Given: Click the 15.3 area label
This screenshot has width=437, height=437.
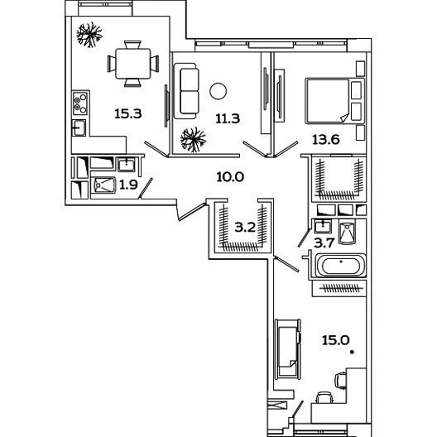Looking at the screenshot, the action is [x=128, y=113].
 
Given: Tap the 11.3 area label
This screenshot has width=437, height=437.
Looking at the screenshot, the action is [x=228, y=118].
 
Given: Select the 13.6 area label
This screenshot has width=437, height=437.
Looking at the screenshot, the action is [x=326, y=139].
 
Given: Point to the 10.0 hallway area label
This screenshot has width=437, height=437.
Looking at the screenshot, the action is [x=230, y=176].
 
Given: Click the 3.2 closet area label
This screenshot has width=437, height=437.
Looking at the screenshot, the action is [x=245, y=228].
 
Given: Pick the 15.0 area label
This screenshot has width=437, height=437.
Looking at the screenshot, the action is [x=336, y=340].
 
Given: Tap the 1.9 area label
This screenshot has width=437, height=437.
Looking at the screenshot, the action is [x=128, y=185].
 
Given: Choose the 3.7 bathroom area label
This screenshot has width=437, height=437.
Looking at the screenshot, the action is [x=324, y=243].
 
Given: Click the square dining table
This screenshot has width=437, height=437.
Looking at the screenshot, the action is [x=133, y=64].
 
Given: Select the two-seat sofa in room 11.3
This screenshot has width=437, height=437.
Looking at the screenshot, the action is [x=185, y=91].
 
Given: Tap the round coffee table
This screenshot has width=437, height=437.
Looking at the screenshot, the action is [x=218, y=91].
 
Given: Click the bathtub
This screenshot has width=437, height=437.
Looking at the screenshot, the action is [x=340, y=266].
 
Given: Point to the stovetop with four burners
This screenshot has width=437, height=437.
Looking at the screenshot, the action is [x=80, y=103].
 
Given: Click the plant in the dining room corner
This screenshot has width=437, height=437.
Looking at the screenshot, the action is [x=89, y=35].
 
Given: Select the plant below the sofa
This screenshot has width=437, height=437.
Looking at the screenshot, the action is [x=193, y=140].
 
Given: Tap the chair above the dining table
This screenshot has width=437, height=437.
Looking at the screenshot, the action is [x=132, y=45].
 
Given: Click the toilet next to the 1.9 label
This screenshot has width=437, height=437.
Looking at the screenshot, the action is [x=103, y=185].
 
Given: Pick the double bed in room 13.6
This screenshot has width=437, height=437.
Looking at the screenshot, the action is [x=334, y=101].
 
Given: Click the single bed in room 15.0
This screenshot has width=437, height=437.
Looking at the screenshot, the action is [x=288, y=349].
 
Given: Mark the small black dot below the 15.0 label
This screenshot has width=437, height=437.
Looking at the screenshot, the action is [x=353, y=353].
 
